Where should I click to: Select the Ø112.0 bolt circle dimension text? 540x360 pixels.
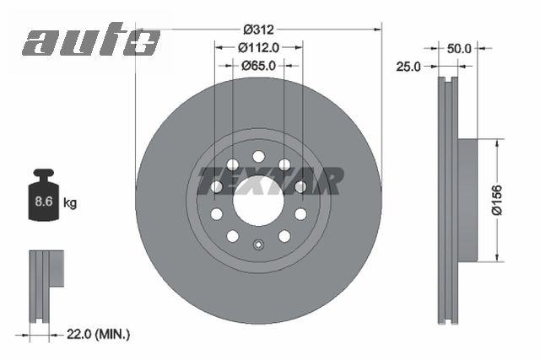click(258, 46)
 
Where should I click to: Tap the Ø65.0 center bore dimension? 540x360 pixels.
click(258, 64)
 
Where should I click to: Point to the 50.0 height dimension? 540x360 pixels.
click(459, 49)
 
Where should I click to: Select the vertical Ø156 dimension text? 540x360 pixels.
click(499, 201)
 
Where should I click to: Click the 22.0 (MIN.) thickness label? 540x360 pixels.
click(98, 335)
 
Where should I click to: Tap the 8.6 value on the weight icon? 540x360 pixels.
click(45, 202)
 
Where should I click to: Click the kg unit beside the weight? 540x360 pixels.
click(71, 203)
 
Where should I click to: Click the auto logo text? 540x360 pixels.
click(91, 40)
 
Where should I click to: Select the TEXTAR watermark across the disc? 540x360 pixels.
click(270, 180)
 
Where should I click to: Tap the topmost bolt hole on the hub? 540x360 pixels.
click(258, 156)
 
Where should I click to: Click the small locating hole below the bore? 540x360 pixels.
click(258, 246)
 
